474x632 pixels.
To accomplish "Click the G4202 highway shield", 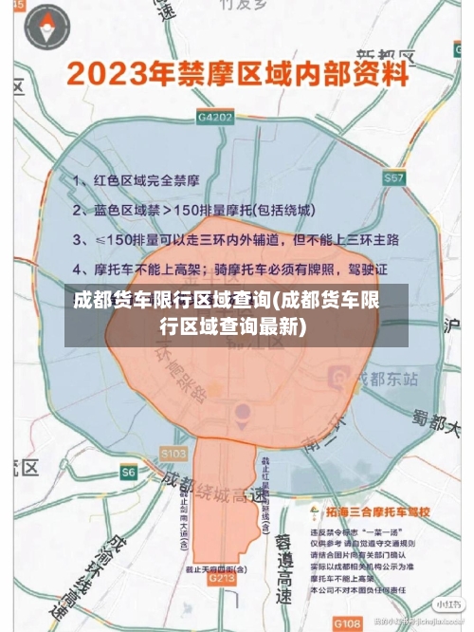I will (215, 116).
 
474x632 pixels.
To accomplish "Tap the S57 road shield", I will (394, 177).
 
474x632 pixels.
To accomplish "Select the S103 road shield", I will (173, 454).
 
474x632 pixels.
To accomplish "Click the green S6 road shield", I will (129, 472).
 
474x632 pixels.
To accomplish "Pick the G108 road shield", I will (348, 623).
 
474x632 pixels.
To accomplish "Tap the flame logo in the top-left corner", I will (38, 29).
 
